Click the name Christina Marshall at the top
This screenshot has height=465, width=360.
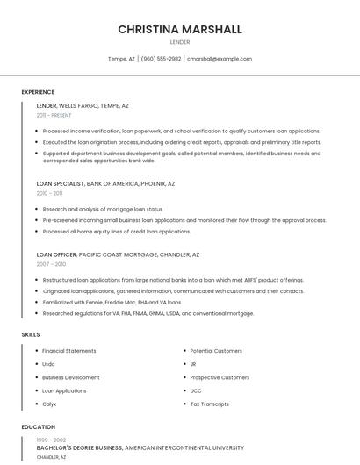point(180,29)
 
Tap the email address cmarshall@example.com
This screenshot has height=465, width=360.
point(219,59)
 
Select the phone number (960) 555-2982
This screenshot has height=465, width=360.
point(161,59)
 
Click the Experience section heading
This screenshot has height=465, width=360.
point(38,92)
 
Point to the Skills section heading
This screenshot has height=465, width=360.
point(31,334)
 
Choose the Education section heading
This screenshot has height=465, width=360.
point(38,427)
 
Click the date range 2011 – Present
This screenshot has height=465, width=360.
point(54,115)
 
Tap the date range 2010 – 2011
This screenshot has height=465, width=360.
point(49,193)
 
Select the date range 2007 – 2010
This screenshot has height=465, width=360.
point(51,263)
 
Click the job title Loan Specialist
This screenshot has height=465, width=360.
point(61,184)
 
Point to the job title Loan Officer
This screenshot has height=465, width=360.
point(57,254)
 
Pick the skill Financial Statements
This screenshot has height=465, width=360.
point(69,351)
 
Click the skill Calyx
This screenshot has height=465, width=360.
point(49,404)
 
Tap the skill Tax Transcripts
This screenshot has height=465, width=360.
point(209,404)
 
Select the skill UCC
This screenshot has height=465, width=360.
point(196,390)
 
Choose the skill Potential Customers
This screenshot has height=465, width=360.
point(216,351)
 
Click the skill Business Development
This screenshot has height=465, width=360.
point(71,377)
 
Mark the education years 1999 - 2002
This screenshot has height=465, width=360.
point(51,440)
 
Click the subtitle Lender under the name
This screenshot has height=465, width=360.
point(180,42)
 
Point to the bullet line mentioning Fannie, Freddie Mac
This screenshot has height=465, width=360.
point(112,302)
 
